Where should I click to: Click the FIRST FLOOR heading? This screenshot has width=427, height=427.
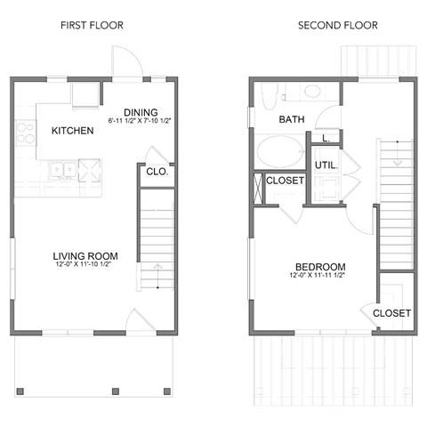coord(92,25)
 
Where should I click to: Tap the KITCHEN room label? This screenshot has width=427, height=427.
coord(72,131)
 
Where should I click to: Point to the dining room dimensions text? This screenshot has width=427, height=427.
coord(140,121)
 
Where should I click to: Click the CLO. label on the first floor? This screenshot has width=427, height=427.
coord(157,172)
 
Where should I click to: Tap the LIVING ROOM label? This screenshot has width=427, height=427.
coord(85,257)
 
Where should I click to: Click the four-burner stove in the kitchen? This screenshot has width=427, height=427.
coord(23,133)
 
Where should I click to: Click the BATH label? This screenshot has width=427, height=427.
coord(291,119)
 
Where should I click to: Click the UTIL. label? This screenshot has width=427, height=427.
coord(324,165)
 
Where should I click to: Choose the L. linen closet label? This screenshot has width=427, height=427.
coord(326,138)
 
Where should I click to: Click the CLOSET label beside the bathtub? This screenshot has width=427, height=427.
coord(285,181)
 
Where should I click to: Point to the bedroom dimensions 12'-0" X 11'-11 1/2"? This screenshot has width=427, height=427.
coord(318,277)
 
